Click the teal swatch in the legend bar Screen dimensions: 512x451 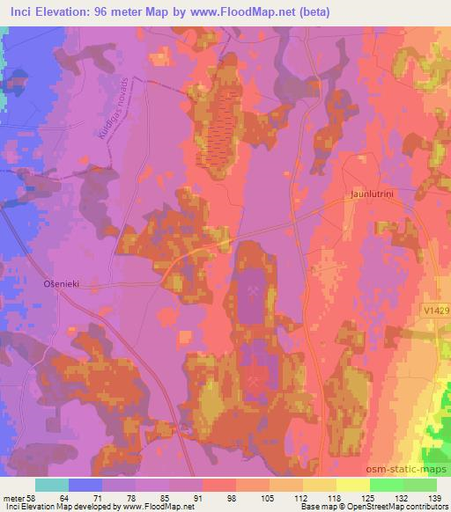click(x=53, y=485)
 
